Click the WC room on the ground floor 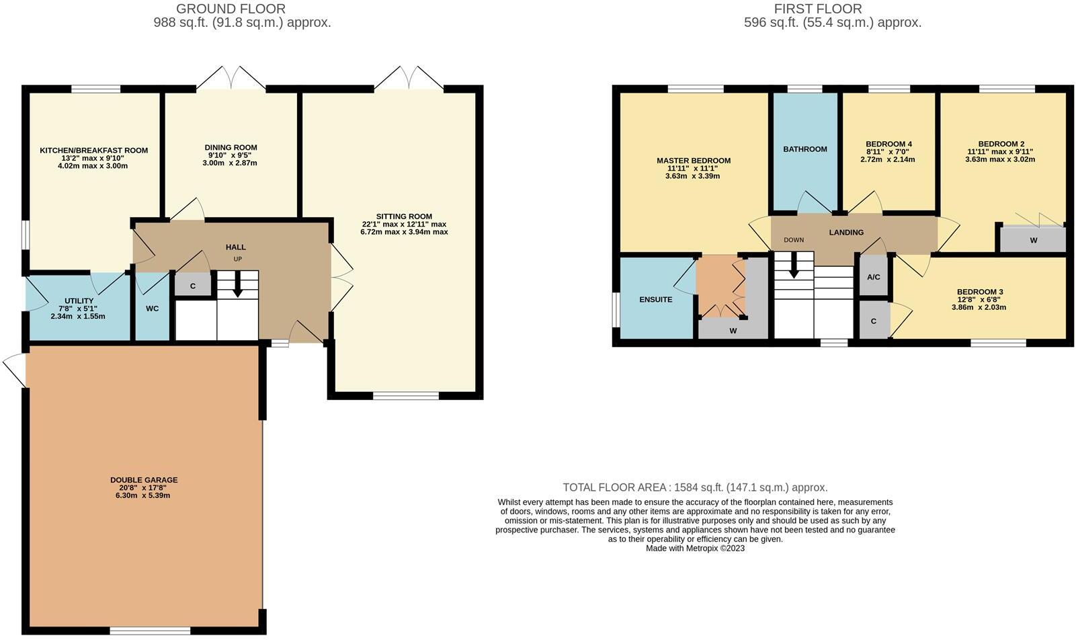click(x=153, y=309)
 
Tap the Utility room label click(x=79, y=301)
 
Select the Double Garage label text click(x=144, y=480)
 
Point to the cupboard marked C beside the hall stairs click(x=192, y=286)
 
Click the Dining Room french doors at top click(x=231, y=78)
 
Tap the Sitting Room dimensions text click(x=403, y=228)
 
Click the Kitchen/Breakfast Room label click(x=93, y=151)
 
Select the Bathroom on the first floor click(x=804, y=149)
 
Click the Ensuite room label click(x=655, y=299)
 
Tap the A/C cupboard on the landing click(x=873, y=277)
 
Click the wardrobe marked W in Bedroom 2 click(x=1033, y=240)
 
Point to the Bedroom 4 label click(x=888, y=144)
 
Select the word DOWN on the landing click(x=793, y=240)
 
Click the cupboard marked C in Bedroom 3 click(x=873, y=321)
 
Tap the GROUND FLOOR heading click(x=231, y=9)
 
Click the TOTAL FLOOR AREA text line click(x=695, y=487)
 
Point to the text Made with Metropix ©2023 click(x=695, y=548)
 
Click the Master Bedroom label click(x=693, y=161)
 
